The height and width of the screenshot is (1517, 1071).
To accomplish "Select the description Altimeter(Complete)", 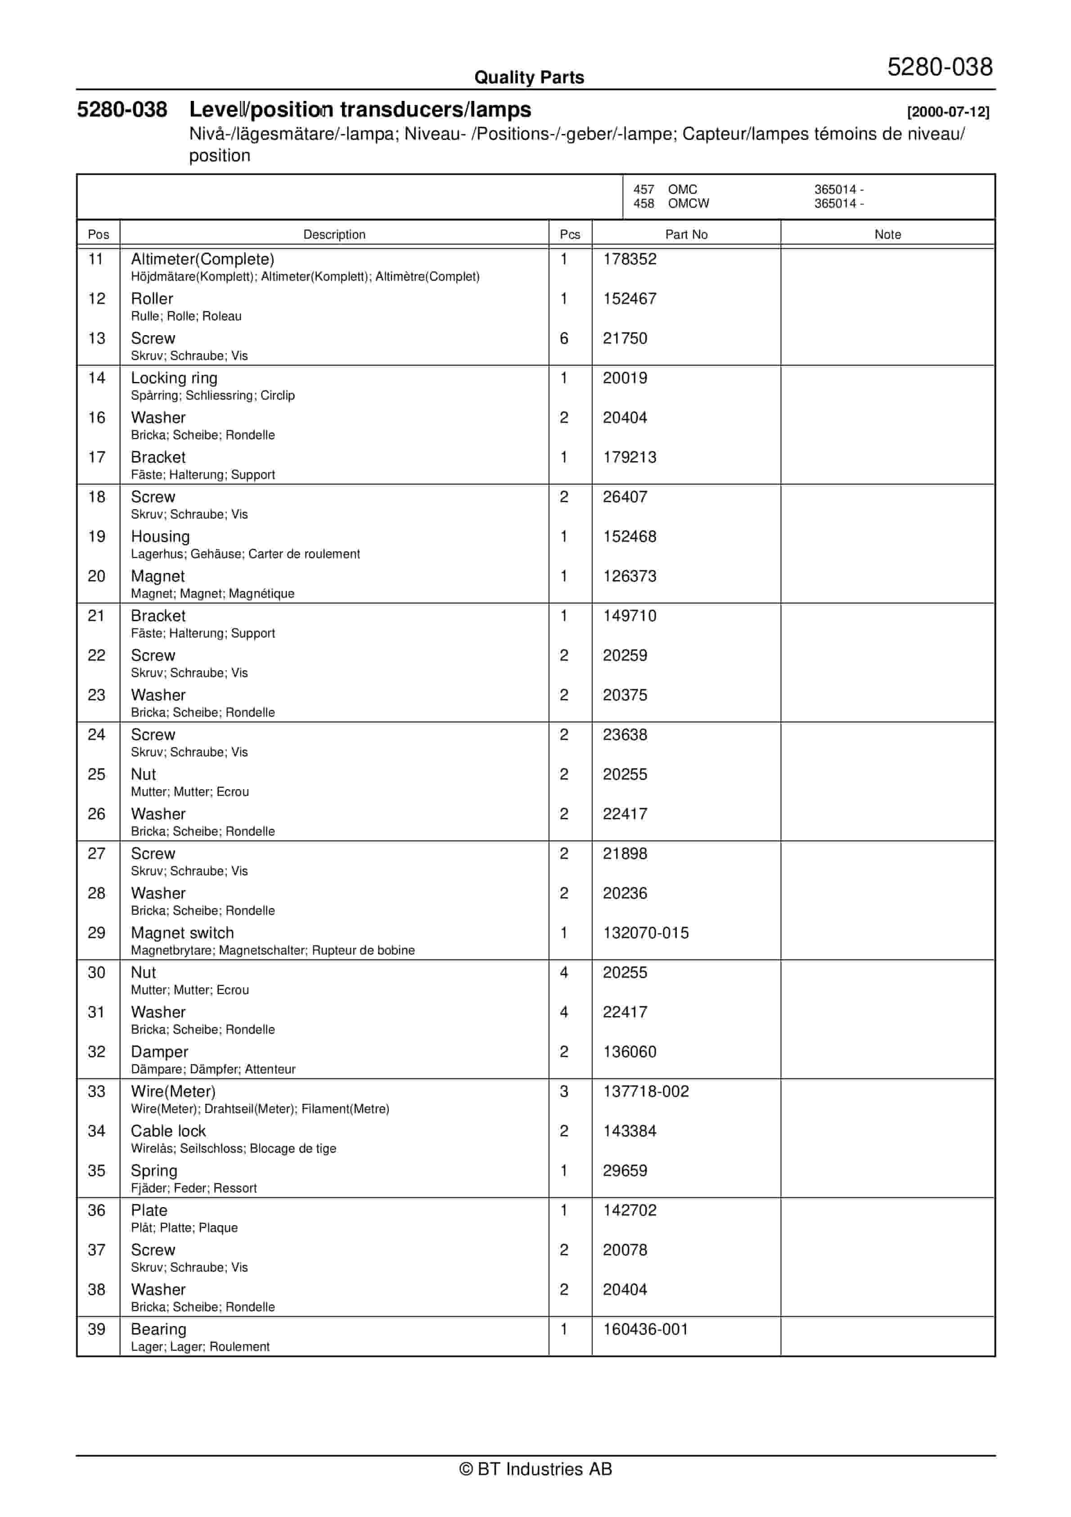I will click(202, 259).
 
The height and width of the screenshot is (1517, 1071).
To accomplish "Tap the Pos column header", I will click(99, 235).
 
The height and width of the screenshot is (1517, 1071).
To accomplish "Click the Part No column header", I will click(686, 235).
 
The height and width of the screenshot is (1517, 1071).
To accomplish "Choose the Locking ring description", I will click(174, 378).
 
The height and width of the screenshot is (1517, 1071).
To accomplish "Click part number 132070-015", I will click(645, 933).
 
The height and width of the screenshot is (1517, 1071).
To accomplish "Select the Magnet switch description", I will click(182, 933).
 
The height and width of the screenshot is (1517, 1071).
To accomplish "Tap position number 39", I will click(96, 1329).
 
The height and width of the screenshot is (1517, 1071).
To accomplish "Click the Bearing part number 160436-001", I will click(645, 1329).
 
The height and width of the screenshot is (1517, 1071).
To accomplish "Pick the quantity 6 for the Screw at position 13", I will click(564, 338).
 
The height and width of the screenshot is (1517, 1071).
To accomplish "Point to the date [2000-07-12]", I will click(948, 112).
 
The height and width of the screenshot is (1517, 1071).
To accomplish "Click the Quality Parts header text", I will click(529, 78).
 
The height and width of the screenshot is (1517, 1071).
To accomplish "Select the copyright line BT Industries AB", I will click(535, 1469).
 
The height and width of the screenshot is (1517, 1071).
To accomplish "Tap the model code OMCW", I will click(688, 204).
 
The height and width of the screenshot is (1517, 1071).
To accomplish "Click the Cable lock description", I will click(168, 1131).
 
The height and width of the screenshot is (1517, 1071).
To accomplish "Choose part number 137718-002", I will click(645, 1091).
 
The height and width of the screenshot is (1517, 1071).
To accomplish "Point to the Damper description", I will click(159, 1052).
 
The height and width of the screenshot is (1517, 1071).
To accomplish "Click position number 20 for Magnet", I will click(96, 576).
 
